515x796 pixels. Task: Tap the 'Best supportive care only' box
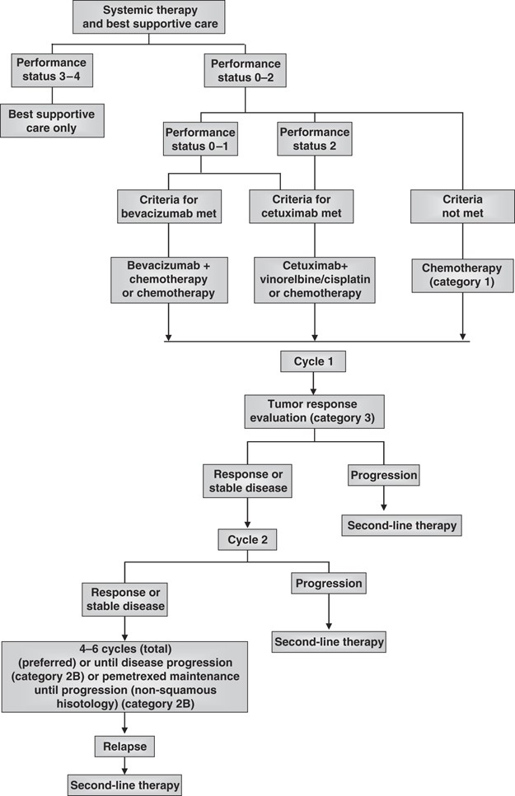(52, 119)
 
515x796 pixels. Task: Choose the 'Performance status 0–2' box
(246, 69)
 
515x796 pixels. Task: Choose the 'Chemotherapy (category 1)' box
(462, 276)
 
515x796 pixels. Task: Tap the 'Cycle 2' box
(248, 539)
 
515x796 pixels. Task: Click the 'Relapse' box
(124, 746)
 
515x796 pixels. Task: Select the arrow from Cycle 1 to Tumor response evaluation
(311, 384)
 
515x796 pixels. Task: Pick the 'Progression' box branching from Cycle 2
(329, 584)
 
